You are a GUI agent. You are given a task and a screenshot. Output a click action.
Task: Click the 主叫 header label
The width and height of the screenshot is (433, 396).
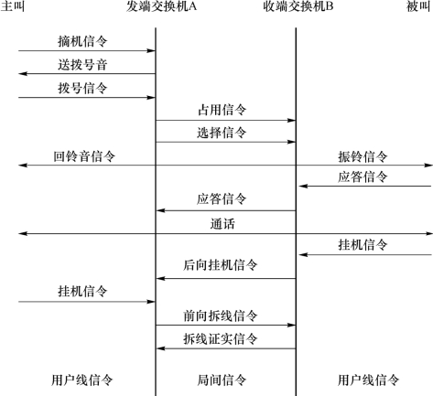pos(12,6)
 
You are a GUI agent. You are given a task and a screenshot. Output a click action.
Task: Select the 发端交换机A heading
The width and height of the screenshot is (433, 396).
pos(161,6)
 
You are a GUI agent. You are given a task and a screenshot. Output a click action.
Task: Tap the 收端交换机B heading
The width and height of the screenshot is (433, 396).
pos(298,6)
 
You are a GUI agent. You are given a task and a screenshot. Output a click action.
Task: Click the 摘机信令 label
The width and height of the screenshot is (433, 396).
pos(82,41)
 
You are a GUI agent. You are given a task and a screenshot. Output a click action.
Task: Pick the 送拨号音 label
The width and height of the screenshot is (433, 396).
pos(82,65)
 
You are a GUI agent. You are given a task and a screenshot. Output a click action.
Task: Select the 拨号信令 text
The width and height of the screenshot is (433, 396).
pos(82,88)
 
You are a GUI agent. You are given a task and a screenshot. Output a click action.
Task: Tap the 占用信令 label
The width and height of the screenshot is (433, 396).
pos(222,110)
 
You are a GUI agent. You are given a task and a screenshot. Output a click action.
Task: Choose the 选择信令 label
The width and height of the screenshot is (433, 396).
pos(222,133)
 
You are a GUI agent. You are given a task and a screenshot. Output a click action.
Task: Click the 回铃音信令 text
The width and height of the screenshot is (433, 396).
pos(84,156)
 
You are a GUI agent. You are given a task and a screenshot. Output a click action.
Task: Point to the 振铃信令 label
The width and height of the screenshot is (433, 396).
pos(363,156)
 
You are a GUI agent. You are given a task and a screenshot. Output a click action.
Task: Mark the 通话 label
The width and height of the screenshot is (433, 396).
pos(222,224)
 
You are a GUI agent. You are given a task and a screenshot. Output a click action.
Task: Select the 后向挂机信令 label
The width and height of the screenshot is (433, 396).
pos(221,265)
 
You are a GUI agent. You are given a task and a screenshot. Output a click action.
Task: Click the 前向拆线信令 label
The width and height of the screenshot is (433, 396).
pos(221,316)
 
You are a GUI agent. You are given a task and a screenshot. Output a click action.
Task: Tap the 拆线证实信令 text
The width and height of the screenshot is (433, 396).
pos(221,338)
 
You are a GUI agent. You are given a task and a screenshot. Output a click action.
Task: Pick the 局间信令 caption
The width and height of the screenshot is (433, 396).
pos(222,380)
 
